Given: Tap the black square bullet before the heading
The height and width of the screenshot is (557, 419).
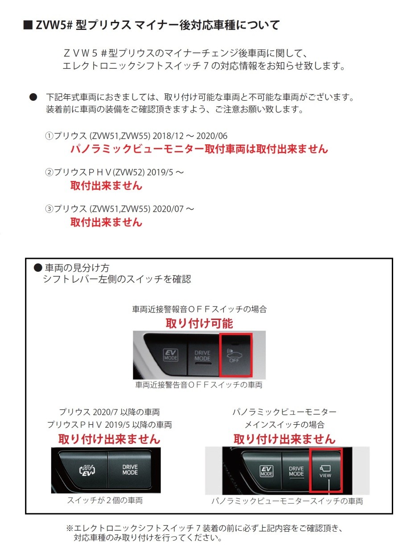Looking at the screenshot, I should (27, 25).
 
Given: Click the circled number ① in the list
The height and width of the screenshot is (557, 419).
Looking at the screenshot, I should (49, 136).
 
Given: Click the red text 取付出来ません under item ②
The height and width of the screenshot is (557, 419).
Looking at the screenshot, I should (106, 186).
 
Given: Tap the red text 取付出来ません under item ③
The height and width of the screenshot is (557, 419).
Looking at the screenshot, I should (106, 222).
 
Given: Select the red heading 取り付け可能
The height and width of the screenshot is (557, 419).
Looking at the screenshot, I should (199, 323).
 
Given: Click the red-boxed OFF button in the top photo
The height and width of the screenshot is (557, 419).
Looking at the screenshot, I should (236, 354).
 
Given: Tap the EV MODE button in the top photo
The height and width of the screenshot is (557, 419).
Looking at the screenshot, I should (171, 355).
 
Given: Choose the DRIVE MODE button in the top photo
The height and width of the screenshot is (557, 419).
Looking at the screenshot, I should (202, 355).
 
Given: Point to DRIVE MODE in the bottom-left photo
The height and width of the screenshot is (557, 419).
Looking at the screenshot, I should (130, 469).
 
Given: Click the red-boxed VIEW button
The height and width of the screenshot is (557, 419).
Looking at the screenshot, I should (325, 470).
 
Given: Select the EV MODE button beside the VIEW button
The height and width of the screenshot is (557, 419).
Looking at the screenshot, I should (267, 471).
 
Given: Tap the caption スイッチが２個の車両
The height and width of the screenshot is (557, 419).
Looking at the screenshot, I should (105, 500).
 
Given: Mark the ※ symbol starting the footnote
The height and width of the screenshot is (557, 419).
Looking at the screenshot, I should (70, 528).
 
